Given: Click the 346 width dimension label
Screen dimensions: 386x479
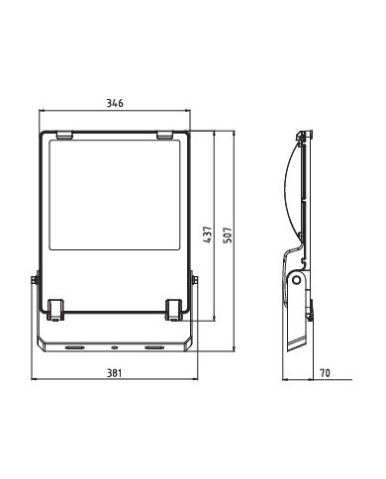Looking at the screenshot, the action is coord(115,103).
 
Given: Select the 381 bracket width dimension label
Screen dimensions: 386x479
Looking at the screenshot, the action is coord(114,373).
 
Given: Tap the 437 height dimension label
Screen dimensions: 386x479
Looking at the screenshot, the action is coord(208,235).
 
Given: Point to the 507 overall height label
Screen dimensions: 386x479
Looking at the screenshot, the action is coord(228,235).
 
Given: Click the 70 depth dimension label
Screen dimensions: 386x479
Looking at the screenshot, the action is coord(325,373).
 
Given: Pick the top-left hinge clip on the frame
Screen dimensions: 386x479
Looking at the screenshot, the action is coord(64,135).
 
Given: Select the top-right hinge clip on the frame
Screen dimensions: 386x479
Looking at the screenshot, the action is coord(164,135).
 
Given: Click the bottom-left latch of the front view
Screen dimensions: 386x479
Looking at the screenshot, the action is coord(55,310).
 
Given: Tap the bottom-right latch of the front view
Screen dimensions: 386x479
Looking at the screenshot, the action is coord(173,310).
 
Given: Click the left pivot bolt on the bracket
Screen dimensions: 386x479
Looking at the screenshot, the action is coord(34,280).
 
